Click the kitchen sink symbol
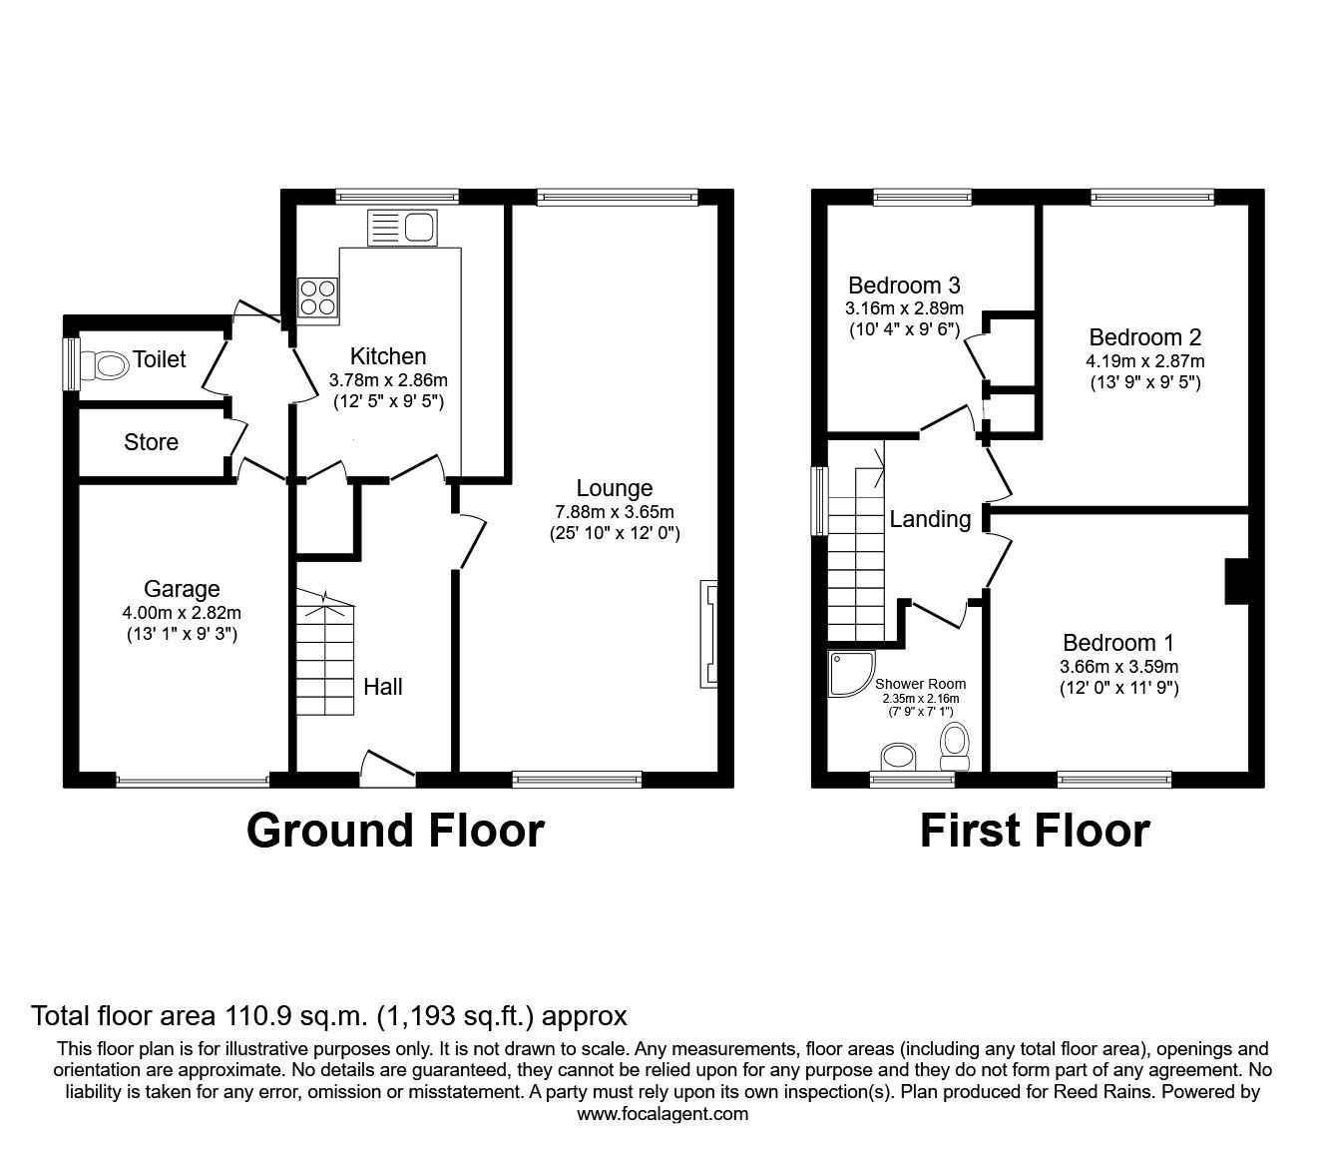pos(401,228)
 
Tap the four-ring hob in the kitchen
pos(318,298)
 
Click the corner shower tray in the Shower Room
pos(849,674)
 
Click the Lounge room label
pos(615,488)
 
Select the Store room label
pos(151,442)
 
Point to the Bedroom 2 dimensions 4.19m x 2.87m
pos(1144,361)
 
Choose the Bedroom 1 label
pos(1118,643)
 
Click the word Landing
pos(930,519)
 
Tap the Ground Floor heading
pos(395,831)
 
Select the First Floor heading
pos(1034,831)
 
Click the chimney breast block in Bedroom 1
pos(1236,580)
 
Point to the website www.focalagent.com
pos(662,1114)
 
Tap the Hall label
pos(383,687)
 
